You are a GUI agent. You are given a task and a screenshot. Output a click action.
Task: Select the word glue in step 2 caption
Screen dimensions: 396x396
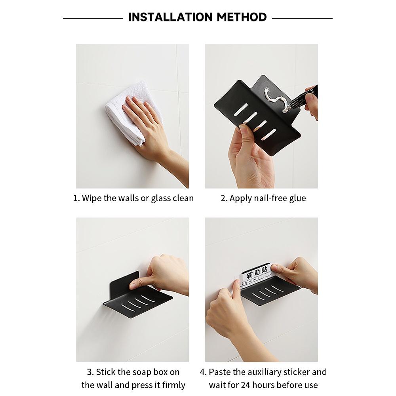point(297,198)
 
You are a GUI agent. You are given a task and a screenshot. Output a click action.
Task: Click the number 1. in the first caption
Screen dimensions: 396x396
point(77,198)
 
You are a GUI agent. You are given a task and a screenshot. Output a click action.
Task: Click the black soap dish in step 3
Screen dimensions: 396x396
point(139,303)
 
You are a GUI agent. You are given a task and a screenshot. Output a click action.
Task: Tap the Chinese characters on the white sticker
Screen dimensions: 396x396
point(257,273)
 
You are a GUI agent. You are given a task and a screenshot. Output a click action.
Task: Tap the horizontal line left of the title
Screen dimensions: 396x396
point(93,18)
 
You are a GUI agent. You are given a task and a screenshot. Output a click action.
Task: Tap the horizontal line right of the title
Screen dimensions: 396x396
point(302,18)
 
